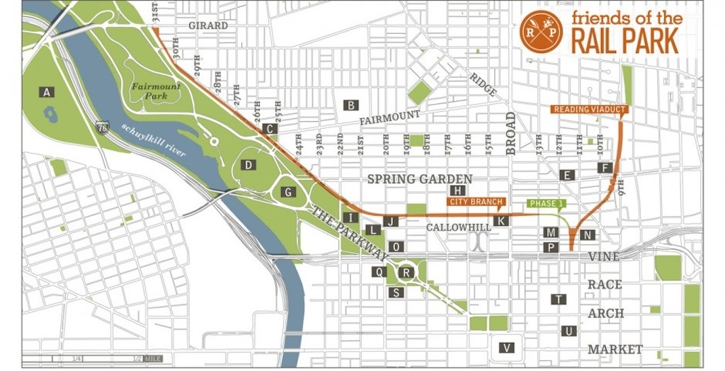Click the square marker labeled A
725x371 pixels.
[x=47, y=92]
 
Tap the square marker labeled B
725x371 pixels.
[x=350, y=105]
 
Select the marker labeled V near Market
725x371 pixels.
[x=506, y=347]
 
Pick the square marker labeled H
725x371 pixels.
[x=459, y=190]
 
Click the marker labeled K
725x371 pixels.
[x=501, y=221]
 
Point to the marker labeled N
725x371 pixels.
[x=587, y=234]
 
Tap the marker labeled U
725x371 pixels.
[x=567, y=331]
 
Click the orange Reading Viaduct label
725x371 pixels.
[x=585, y=110]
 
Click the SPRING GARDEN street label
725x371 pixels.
[x=411, y=179]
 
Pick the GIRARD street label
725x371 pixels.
[x=208, y=26]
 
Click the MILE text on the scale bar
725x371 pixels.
[x=154, y=359]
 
